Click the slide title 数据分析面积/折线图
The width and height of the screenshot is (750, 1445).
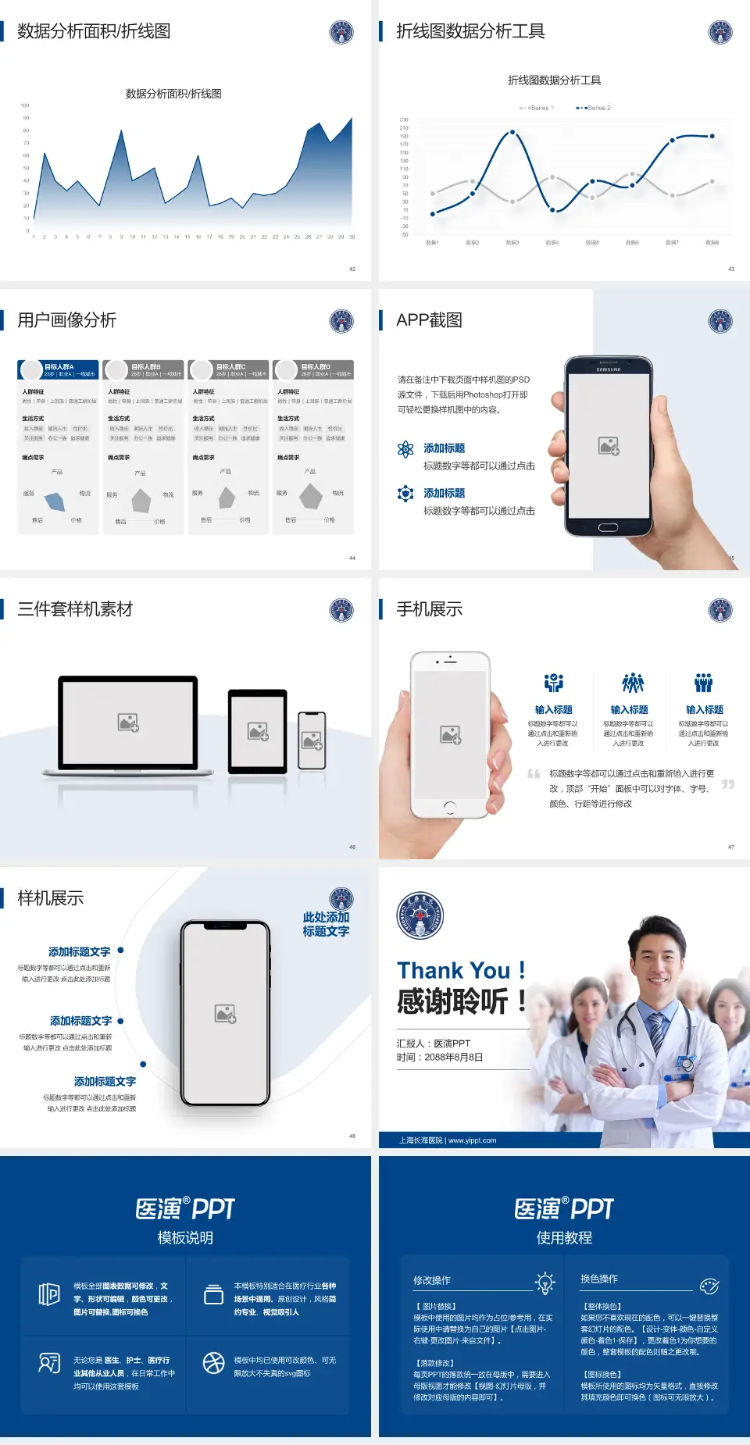(94, 31)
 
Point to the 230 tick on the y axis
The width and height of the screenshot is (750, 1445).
(404, 120)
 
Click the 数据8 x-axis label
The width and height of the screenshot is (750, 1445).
(712, 243)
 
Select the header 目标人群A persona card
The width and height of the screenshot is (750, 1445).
(59, 369)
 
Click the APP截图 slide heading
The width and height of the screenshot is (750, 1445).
(429, 320)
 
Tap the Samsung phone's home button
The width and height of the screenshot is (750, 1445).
(608, 527)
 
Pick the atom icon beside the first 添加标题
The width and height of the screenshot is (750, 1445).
(405, 448)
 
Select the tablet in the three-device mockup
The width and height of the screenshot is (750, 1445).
(258, 731)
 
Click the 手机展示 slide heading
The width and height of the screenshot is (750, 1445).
(429, 609)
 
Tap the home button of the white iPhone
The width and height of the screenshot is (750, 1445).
(449, 807)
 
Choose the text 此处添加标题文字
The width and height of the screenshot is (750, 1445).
(326, 924)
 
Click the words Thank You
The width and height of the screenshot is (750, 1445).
(453, 971)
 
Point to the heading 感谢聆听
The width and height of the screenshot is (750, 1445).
(453, 1001)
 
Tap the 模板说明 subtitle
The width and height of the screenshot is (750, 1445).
(185, 1238)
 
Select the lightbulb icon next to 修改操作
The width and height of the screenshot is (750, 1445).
(545, 1283)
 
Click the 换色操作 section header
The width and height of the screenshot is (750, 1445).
(599, 1279)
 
